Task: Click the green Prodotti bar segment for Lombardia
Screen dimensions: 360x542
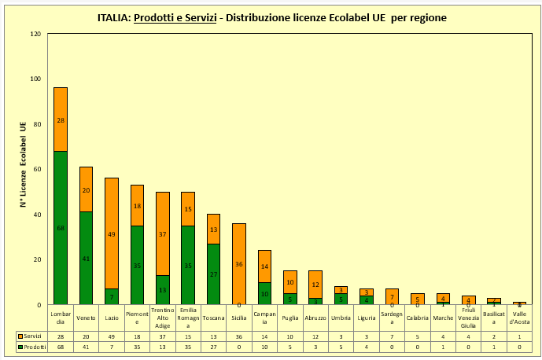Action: click(61, 227)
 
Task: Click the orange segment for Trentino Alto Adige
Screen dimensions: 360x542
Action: click(163, 233)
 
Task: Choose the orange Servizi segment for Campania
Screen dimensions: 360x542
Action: click(265, 266)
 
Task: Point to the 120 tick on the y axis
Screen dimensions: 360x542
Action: click(35, 35)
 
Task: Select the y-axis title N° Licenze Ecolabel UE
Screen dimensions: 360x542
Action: click(24, 164)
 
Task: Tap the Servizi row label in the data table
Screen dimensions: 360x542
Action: click(31, 336)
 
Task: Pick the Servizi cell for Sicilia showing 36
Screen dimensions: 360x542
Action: click(239, 336)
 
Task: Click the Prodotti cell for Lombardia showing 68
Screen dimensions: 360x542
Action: click(61, 346)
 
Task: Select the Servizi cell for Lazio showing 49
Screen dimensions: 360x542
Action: click(112, 336)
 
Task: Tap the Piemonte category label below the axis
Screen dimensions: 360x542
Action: click(137, 318)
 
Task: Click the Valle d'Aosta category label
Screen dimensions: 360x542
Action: click(520, 318)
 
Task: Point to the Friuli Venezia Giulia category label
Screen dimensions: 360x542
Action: click(469, 318)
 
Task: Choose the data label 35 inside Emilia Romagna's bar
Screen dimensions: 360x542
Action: click(188, 266)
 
